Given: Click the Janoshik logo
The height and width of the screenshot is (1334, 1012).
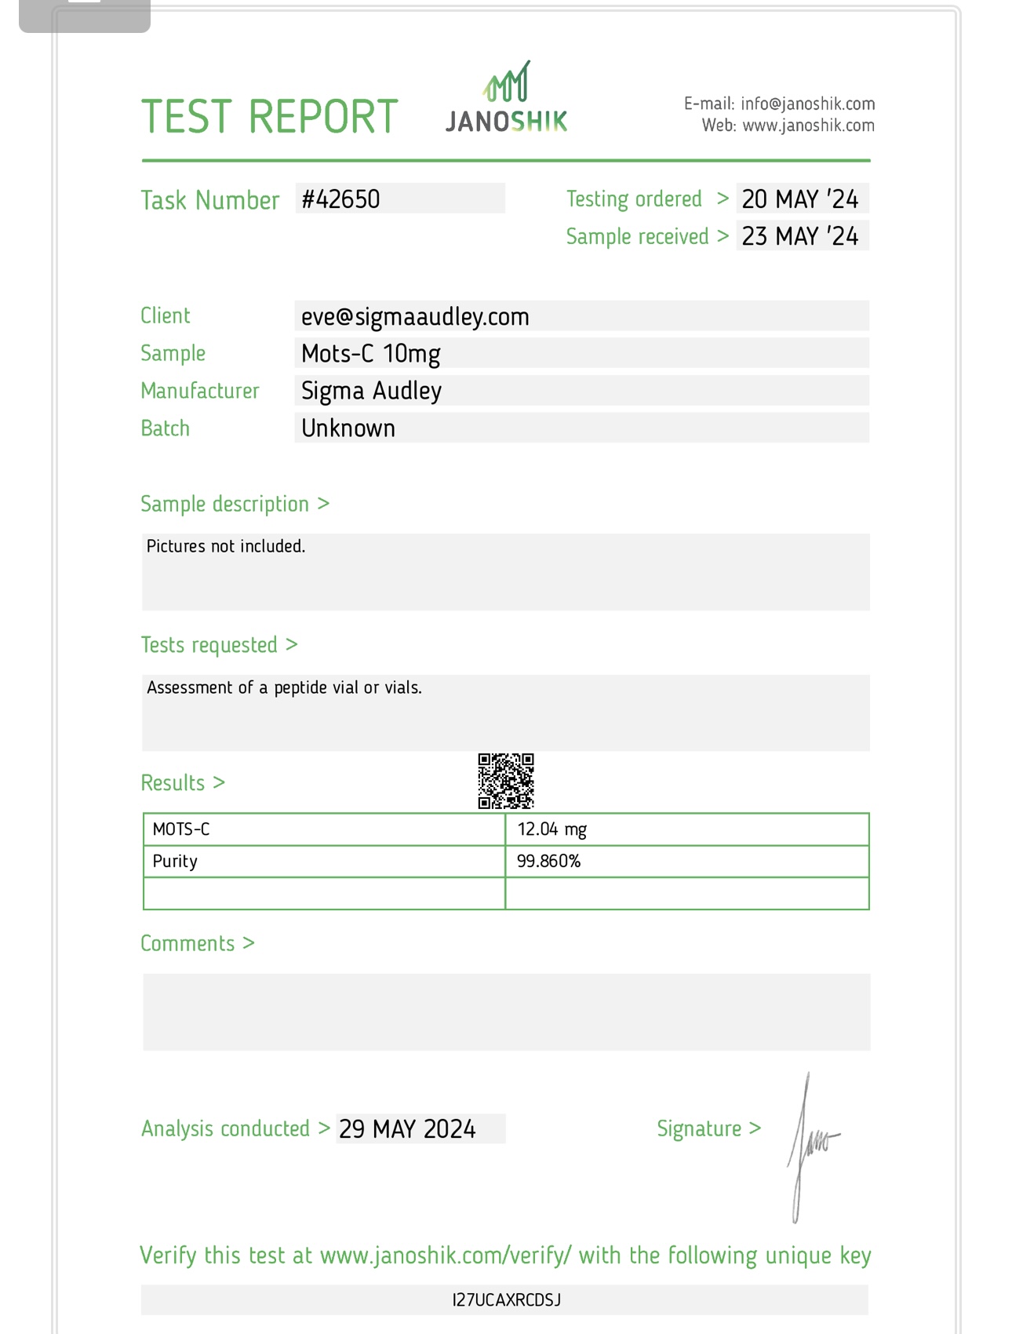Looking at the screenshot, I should (507, 98).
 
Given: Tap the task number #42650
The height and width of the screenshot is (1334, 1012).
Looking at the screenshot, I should (341, 199).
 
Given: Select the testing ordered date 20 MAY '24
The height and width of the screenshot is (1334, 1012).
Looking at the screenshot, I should (800, 199).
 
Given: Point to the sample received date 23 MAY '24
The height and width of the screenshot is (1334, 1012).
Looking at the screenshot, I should (800, 236).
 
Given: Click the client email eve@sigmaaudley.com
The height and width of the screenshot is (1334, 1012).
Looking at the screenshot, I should (415, 316).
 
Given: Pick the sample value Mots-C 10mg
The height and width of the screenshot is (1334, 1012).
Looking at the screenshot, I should (370, 354).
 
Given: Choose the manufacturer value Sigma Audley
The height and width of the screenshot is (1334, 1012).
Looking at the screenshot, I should (371, 391).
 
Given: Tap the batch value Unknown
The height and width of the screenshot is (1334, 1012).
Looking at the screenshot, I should (348, 428).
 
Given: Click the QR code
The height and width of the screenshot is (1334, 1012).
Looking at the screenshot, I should (506, 781).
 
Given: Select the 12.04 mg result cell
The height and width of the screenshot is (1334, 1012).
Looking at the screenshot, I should (552, 829).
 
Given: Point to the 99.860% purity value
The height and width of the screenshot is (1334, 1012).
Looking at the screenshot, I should (548, 862).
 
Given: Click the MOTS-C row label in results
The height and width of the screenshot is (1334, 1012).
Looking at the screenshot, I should (181, 829).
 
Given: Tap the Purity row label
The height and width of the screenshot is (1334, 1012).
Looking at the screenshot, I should (175, 862).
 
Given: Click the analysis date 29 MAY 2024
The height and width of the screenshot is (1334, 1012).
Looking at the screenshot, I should (407, 1129).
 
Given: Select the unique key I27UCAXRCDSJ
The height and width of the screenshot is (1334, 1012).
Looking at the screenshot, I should (506, 1300).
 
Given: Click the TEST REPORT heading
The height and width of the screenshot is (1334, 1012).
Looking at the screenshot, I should (270, 117).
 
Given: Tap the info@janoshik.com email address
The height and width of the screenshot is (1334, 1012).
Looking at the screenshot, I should (807, 104).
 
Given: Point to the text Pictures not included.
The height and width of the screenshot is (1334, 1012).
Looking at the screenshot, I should (226, 546).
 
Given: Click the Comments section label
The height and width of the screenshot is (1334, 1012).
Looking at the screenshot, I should (188, 943).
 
